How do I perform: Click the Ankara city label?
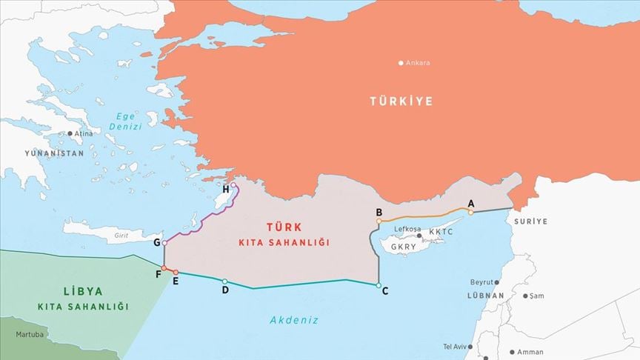pos(418,63)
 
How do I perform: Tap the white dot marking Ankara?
pos(401,63)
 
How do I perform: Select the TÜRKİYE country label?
pos(401,101)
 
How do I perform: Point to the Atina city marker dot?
pos(70,133)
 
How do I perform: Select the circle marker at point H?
pos(233,185)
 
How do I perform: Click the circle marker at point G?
pos(164,242)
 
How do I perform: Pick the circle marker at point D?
pos(224,281)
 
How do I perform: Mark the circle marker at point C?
pos(379,285)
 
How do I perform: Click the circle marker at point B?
pos(379,221)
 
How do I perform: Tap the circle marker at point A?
pos(470,212)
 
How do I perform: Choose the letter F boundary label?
pos(158,274)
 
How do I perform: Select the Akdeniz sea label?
pos(294,320)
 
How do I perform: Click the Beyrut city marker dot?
pos(497,282)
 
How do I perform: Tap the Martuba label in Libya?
pos(29,335)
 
